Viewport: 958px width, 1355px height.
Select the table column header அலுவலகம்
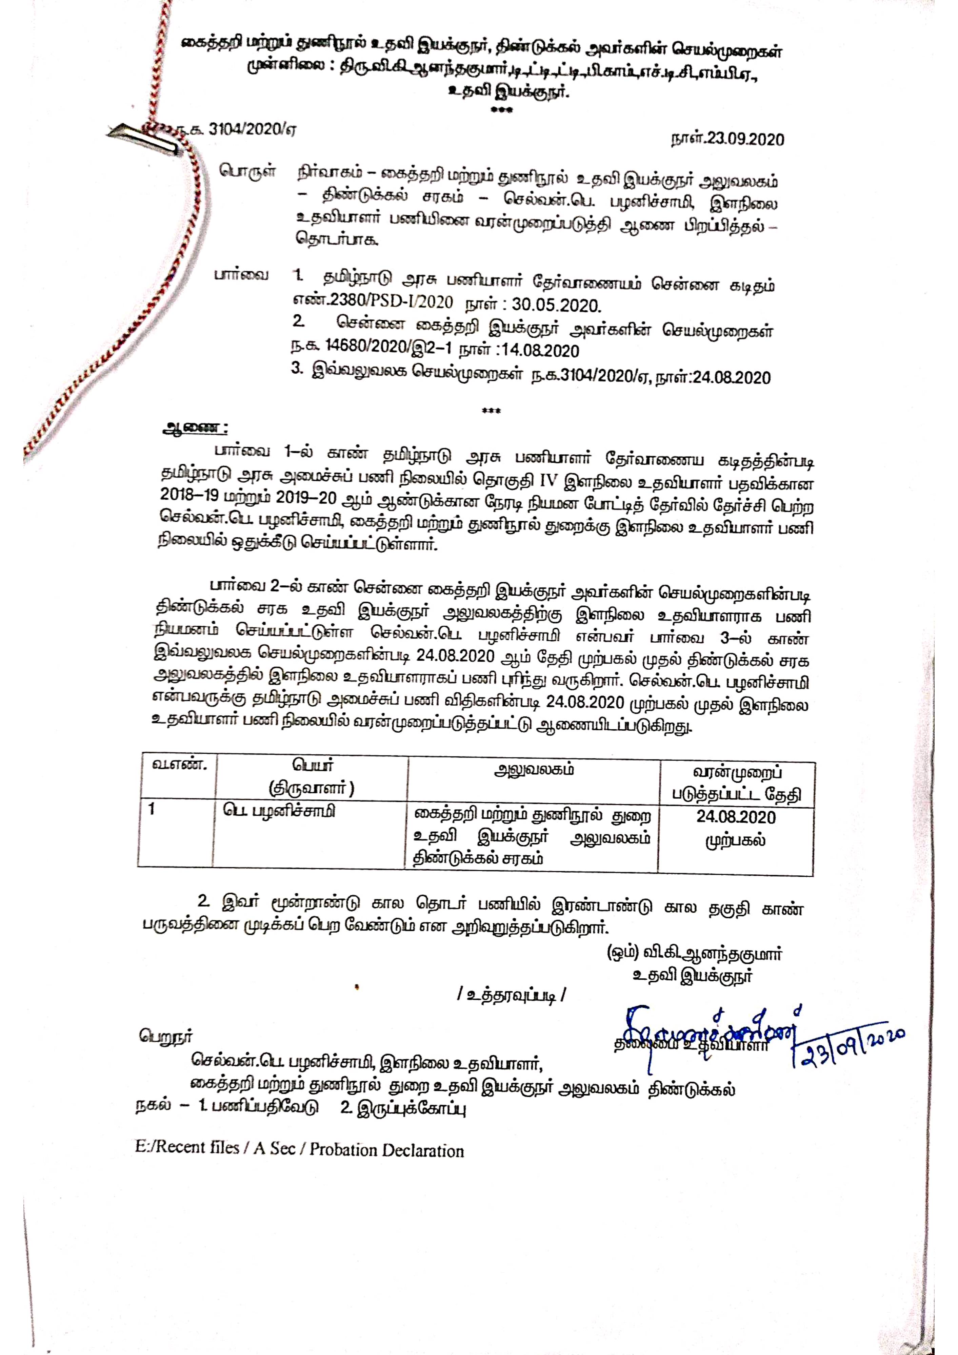[533, 770]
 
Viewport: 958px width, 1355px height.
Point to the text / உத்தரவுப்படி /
[512, 996]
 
